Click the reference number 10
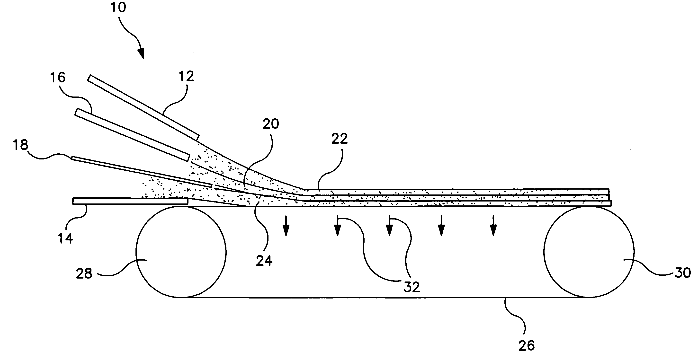118,7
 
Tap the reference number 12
187,76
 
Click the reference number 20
271,124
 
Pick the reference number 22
340,139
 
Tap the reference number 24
264,261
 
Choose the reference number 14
66,238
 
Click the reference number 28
84,274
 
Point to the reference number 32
412,287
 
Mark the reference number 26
527,346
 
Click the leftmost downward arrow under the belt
286,226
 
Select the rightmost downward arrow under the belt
493,226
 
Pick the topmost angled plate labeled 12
143,107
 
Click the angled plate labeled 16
132,135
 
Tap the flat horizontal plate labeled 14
130,201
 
